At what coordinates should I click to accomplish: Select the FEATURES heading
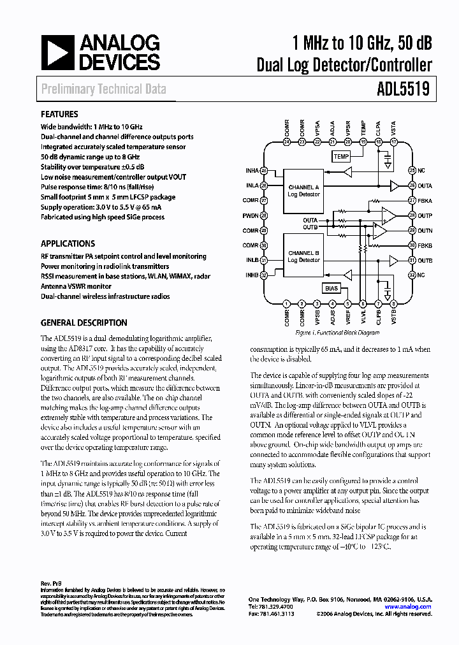[59, 115]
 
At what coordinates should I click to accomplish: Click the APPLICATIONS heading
[68, 243]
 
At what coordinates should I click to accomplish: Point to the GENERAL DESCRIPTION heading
[84, 322]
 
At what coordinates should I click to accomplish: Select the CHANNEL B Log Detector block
[303, 256]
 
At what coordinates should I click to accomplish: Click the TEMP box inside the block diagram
[341, 156]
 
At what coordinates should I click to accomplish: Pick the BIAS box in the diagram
[332, 288]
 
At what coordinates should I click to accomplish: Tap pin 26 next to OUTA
[412, 185]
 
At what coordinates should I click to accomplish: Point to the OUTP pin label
[425, 215]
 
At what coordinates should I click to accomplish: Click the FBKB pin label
[425, 245]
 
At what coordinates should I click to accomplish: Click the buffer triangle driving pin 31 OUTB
[395, 260]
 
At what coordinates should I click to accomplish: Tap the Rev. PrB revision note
[50, 583]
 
